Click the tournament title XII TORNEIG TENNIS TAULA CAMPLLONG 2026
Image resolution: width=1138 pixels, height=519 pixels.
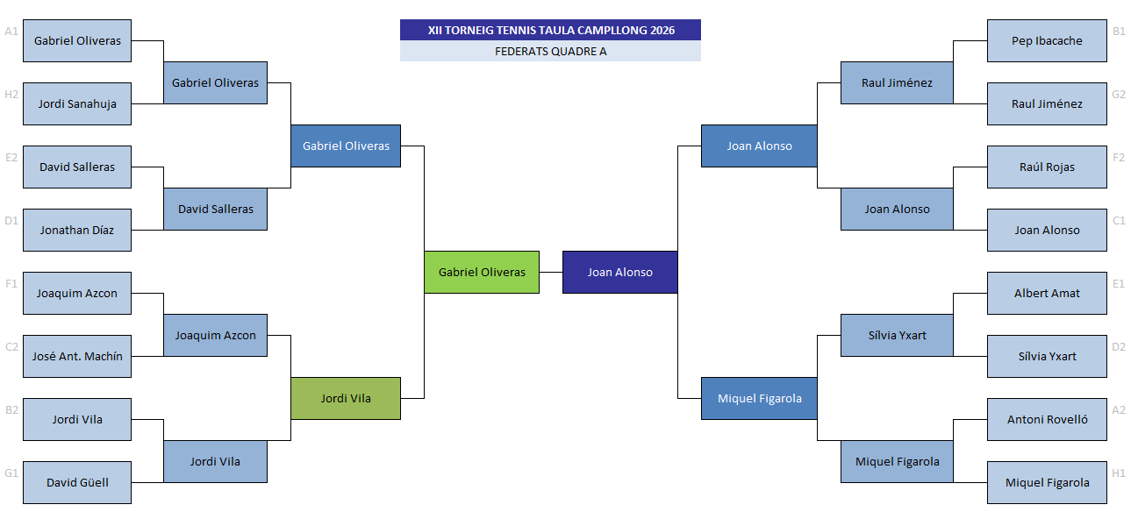pos(551,30)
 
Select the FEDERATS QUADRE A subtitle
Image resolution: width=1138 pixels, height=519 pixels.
pos(551,52)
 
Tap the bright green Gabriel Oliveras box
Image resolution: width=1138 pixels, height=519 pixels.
pos(482,272)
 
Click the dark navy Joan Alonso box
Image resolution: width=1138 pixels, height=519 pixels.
pos(619,272)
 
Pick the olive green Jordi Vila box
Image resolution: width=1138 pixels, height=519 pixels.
pos(346,398)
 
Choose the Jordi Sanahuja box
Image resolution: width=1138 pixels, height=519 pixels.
pos(77,103)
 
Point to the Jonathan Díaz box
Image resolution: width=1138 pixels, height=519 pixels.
pos(77,230)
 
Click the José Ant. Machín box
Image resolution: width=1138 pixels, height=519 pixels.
pos(77,356)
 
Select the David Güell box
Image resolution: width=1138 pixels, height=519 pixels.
pos(77,482)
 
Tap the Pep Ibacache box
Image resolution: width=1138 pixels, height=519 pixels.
pos(1047,40)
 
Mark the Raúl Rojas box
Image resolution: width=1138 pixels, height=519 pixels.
pos(1047,167)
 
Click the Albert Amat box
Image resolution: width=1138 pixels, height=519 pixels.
pos(1047,293)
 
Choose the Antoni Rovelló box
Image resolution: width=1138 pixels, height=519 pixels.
pos(1047,419)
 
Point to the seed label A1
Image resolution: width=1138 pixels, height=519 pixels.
pos(11,32)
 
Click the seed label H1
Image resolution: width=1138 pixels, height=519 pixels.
pos(1119,473)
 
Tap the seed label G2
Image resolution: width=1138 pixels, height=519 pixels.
pos(1119,95)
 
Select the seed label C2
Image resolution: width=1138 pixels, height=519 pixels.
pos(11,347)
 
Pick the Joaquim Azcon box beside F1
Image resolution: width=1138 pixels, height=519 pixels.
pos(77,293)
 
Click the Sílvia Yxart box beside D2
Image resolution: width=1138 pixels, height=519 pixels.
pos(1047,356)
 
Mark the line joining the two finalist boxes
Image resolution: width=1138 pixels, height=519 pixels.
pos(551,272)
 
